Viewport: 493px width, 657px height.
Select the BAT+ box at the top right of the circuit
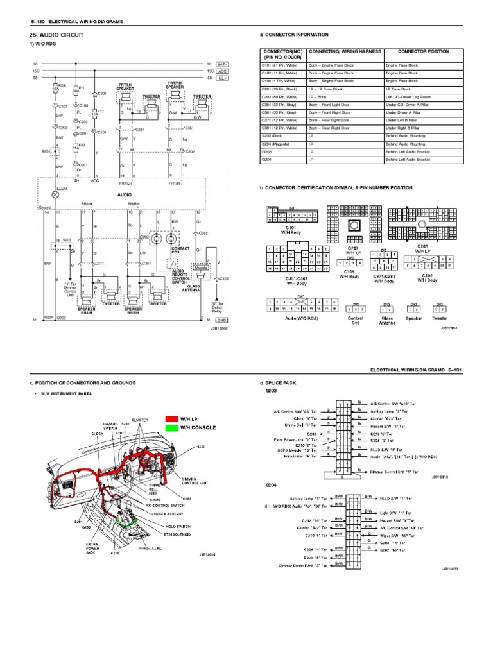point(223,64)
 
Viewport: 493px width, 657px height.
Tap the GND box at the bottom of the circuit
point(222,319)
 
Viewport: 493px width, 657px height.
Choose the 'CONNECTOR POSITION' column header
point(423,51)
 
